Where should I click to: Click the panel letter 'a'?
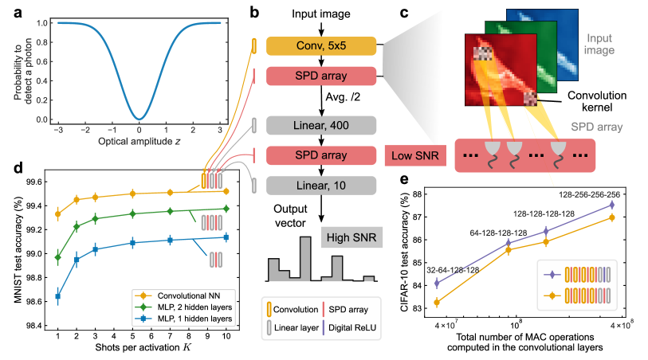point(7,10)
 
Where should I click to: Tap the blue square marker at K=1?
point(57,296)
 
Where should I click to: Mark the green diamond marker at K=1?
point(57,257)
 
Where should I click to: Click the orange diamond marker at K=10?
point(226,191)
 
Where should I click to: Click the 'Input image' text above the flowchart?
point(320,12)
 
